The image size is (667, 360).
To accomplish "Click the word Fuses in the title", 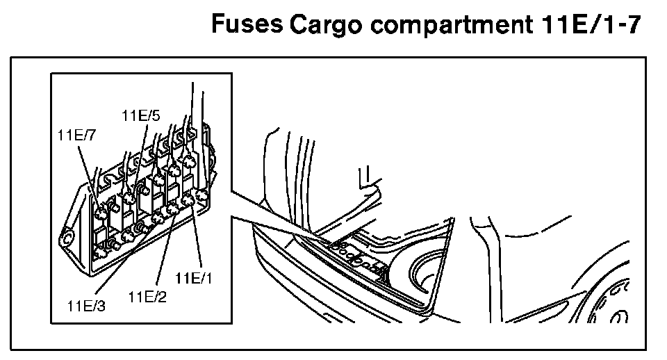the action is (x=246, y=26).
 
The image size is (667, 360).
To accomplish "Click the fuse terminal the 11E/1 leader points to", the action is (x=188, y=202).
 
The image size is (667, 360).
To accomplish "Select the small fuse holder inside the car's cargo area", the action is (x=354, y=254).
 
